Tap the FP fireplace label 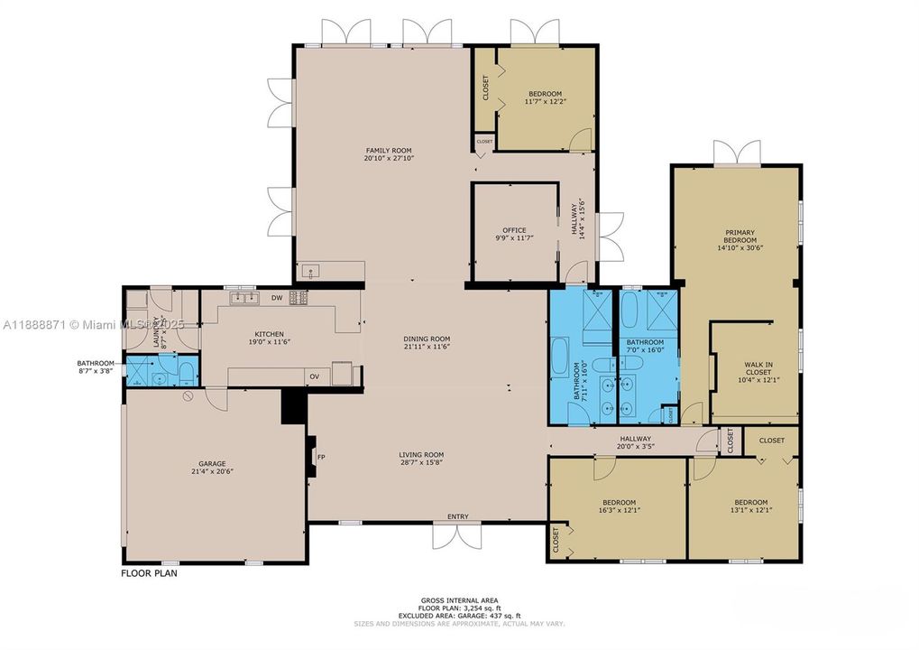(x=321, y=457)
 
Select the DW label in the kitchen (x=277, y=298)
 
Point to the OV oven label (x=315, y=376)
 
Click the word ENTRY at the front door (x=457, y=516)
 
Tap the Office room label (x=514, y=230)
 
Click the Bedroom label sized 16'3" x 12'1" (x=620, y=502)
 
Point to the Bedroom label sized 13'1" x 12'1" (x=750, y=502)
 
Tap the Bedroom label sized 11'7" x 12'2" (x=545, y=94)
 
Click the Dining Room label (x=426, y=339)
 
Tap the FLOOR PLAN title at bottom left (x=150, y=572)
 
